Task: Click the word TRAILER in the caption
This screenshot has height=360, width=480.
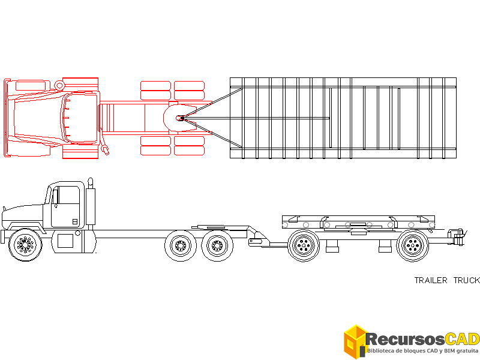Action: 431,280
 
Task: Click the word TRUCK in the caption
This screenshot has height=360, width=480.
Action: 467,280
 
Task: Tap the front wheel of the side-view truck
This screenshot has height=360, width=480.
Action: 26,244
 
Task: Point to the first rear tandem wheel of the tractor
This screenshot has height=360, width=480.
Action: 181,246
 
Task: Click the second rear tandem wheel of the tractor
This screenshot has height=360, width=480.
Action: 217,246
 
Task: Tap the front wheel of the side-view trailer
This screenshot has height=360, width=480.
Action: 304,245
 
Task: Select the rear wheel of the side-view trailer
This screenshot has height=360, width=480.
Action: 413,245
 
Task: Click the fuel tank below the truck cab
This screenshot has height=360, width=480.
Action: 66,241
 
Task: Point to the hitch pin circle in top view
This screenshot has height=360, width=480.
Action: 179,118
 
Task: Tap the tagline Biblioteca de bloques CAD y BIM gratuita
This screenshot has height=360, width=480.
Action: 422,350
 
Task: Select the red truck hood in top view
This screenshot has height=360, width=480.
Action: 36,118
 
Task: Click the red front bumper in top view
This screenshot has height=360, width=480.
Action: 7,118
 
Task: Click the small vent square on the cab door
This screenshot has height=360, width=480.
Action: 75,221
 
